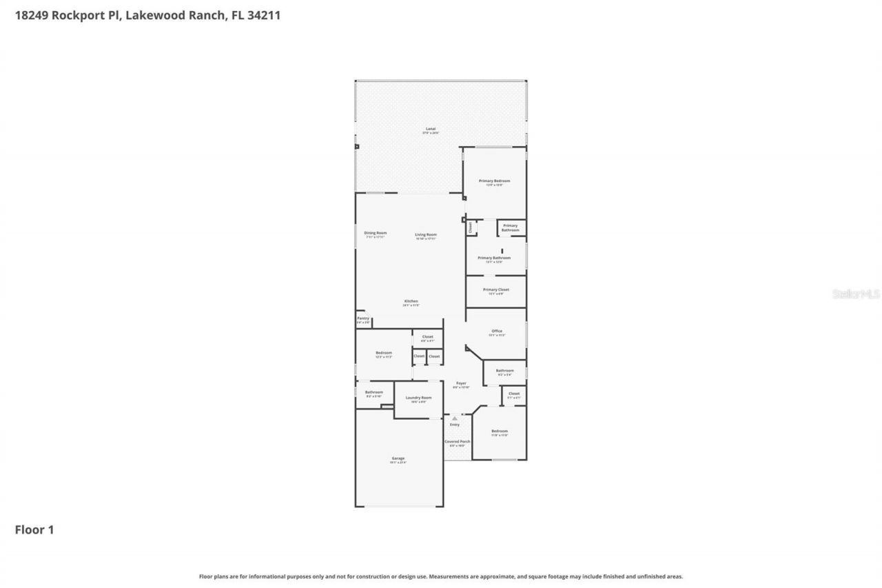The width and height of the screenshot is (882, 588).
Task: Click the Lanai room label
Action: pos(431,129)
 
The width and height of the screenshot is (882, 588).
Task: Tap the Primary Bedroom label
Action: pos(494,181)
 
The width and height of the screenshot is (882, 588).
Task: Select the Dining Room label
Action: pos(376,233)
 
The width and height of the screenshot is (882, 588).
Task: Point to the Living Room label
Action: pos(426,235)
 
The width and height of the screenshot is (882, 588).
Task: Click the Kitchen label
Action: pos(411,301)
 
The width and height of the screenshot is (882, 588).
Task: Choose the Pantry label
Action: pos(363,318)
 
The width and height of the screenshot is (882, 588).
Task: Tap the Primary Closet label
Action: pos(495,290)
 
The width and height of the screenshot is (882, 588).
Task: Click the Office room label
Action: pos(496,331)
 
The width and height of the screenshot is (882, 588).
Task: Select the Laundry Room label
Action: pos(418,398)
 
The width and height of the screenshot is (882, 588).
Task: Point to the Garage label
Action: pos(398,458)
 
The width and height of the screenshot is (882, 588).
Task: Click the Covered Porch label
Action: pos(458,441)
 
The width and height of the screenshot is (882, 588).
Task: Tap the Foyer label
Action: pos(461,383)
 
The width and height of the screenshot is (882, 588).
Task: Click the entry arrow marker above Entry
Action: pos(455,418)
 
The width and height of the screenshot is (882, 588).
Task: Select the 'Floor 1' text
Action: pos(34,530)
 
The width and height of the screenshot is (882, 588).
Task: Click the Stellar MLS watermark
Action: pos(856,294)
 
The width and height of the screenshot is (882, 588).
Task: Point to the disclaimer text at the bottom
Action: pos(441,576)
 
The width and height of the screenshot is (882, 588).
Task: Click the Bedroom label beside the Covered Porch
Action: pos(499,432)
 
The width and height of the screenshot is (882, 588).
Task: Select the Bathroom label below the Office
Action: pos(504,370)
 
